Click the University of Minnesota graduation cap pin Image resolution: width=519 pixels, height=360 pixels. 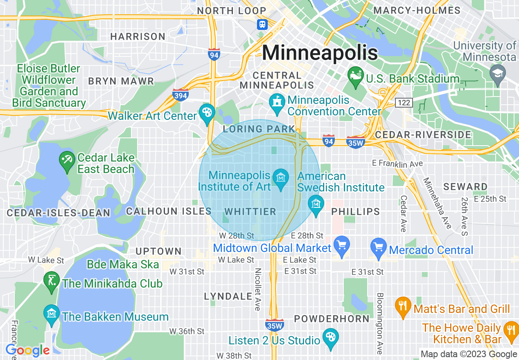tap(498, 74)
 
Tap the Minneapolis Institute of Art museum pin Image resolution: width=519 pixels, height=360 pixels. tap(281, 179)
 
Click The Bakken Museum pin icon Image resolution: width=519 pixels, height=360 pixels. tap(52, 314)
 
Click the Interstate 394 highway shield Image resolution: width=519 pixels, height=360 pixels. tap(180, 95)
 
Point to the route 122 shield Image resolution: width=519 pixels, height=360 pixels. tap(404, 103)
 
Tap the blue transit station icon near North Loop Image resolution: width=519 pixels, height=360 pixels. tap(262, 24)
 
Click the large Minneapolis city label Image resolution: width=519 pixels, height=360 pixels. tap(320, 53)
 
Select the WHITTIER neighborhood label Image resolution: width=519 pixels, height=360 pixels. tap(250, 211)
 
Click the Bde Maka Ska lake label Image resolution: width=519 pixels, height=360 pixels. tap(123, 264)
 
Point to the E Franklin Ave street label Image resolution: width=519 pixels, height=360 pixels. tap(397, 164)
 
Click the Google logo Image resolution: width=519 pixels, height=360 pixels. tap(27, 351)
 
